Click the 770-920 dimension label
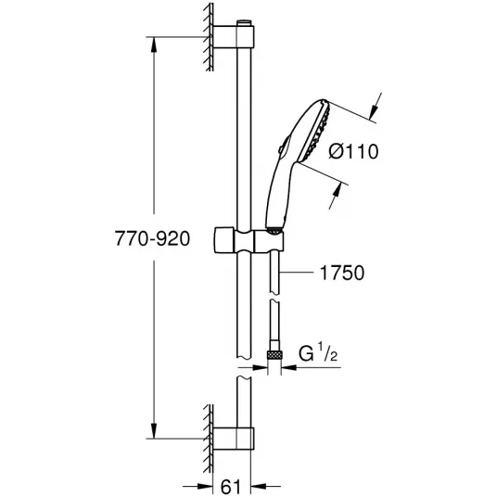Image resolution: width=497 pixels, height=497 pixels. [x=152, y=238]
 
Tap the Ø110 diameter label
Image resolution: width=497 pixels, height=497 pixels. [x=353, y=151]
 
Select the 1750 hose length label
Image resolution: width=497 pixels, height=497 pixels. [x=342, y=273]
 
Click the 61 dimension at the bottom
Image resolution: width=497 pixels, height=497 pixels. [x=231, y=487]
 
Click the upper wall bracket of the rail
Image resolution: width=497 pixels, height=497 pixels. [x=234, y=37]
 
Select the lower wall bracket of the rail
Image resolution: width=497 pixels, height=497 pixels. [x=234, y=439]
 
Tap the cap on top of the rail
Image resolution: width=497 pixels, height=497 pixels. [x=244, y=23]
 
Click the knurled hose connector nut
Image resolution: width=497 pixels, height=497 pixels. [x=274, y=355]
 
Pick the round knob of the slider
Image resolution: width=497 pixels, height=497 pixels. [x=224, y=240]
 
